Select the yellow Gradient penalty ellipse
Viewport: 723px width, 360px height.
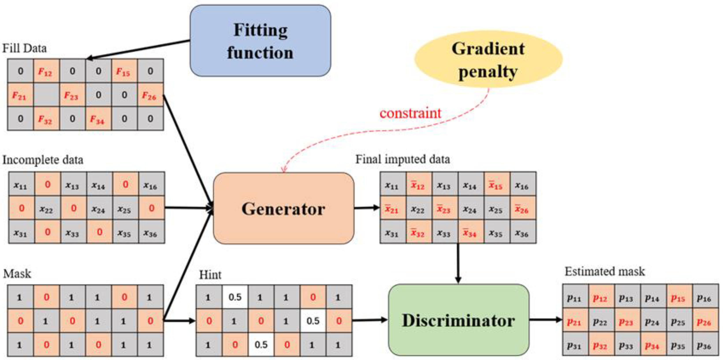click(488, 59)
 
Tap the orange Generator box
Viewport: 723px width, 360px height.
click(283, 208)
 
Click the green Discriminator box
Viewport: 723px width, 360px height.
click(458, 320)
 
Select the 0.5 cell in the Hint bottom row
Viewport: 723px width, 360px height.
click(261, 345)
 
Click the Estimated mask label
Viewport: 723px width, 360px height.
click(605, 271)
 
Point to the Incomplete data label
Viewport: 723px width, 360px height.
click(43, 160)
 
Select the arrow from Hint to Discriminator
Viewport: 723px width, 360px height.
click(369, 320)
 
